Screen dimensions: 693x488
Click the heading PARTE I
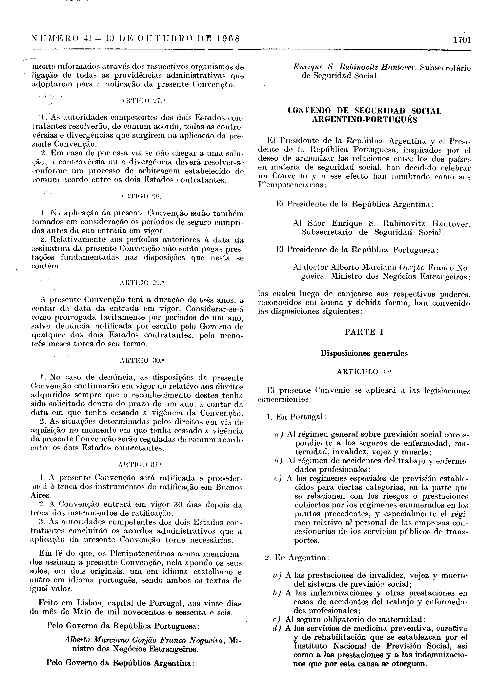pos(364,332)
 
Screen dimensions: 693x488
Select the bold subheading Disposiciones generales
pos(364,353)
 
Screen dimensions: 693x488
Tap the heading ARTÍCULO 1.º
pos(364,372)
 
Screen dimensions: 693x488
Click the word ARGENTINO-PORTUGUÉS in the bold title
pos(364,120)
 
